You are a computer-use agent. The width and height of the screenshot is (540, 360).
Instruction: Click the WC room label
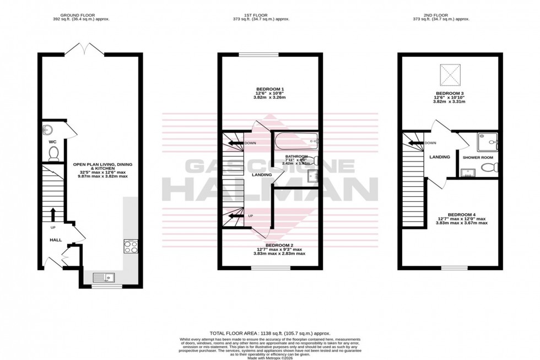coord(53,141)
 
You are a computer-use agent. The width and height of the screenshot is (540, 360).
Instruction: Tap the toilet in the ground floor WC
coord(53,154)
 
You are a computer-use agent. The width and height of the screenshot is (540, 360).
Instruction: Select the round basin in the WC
coord(46,130)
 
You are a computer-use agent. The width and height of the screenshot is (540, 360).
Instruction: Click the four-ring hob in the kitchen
coord(131,246)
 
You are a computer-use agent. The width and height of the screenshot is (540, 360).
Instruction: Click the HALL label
coord(56,240)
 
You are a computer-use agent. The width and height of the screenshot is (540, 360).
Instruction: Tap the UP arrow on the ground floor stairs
coord(53,215)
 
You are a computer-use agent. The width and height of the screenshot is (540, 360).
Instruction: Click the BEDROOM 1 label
coord(270,89)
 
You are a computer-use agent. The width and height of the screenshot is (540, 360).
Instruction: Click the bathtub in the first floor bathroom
coord(296,142)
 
